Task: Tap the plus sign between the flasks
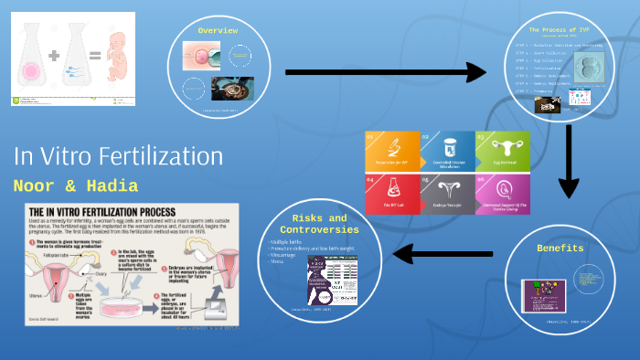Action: pyautogui.click(x=55, y=56)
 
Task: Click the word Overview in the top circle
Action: pyautogui.click(x=219, y=30)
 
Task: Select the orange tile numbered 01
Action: pyautogui.click(x=392, y=152)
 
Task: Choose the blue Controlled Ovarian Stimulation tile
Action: pyautogui.click(x=449, y=152)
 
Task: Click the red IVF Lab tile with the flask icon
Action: pyautogui.click(x=392, y=196)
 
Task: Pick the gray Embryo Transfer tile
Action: pyautogui.click(x=449, y=196)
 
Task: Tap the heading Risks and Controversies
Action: pyautogui.click(x=320, y=224)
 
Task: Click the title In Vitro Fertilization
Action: pyautogui.click(x=118, y=156)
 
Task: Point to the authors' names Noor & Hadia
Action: pyautogui.click(x=76, y=186)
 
